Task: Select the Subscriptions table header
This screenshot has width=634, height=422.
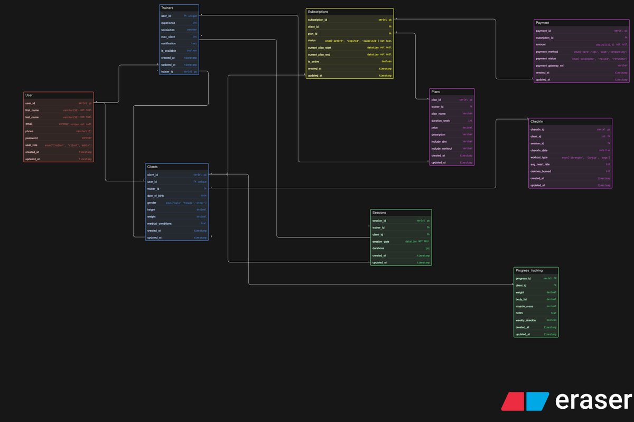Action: pos(318,11)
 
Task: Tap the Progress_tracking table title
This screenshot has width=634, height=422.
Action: pos(529,270)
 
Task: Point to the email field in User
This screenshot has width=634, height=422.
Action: pos(29,124)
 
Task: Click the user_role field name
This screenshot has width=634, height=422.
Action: pos(32,144)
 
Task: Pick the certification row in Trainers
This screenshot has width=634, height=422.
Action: pos(169,44)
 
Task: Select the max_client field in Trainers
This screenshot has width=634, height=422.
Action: pos(168,37)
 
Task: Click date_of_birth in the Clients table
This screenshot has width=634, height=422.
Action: pos(156,196)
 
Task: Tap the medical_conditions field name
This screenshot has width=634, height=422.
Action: pos(159,224)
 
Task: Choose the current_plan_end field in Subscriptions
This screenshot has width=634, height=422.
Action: pos(319,54)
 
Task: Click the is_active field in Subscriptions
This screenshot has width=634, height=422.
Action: pos(314,61)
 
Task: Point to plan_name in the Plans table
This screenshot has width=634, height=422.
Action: pos(439,113)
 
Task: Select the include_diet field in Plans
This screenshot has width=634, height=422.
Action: pos(440,141)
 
